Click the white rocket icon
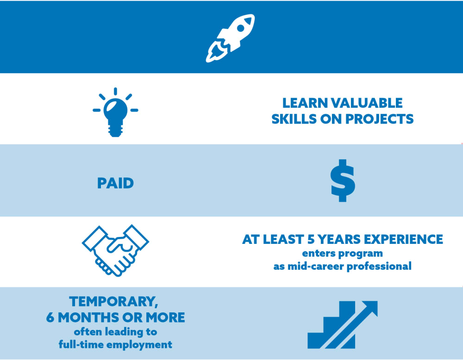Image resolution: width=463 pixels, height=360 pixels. click(x=230, y=38)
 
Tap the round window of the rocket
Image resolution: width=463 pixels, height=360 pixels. click(x=241, y=28)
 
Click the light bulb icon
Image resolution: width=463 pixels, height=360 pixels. click(x=115, y=112)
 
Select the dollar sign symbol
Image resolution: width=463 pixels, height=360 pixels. click(x=343, y=180)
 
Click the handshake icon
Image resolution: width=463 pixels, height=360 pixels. click(x=115, y=250)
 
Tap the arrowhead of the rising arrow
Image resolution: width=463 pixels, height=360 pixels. click(x=370, y=308)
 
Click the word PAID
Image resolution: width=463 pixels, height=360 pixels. click(x=115, y=183)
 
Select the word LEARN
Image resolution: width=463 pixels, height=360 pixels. click(x=305, y=103)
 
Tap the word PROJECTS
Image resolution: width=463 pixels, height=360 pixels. click(x=380, y=119)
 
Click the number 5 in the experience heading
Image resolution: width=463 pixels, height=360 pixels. click(x=311, y=239)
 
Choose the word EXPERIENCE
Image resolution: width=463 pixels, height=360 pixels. click(x=403, y=239)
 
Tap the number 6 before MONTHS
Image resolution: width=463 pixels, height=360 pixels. click(x=50, y=317)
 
